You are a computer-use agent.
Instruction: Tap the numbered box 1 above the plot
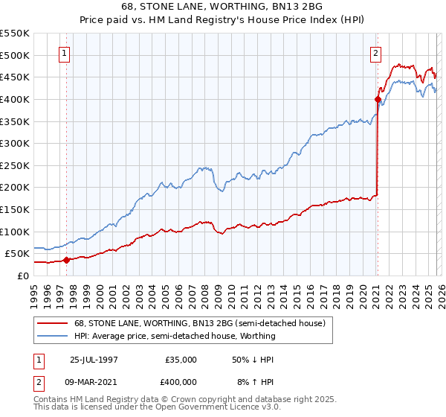tap(65, 53)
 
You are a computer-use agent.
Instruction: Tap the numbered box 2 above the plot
tap(376, 53)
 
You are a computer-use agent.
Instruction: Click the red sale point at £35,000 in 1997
tap(66, 260)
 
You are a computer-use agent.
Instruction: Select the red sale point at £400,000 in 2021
tap(378, 99)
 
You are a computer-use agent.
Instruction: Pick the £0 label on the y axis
tap(22, 276)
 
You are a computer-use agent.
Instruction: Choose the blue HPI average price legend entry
tap(175, 336)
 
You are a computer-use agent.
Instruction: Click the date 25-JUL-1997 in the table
tap(94, 359)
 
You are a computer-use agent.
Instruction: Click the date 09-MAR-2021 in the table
tap(94, 381)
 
